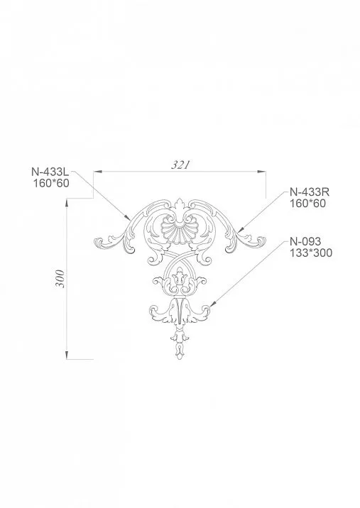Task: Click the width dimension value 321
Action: tap(181, 165)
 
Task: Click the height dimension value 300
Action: tap(60, 280)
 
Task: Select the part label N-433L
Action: tap(49, 171)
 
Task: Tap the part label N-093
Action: tap(306, 241)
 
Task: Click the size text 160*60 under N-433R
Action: tap(307, 204)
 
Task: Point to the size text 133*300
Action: tap(311, 253)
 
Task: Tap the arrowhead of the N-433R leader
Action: tap(240, 230)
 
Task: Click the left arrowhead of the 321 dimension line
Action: tap(98, 172)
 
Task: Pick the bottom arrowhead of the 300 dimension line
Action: tap(67, 357)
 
